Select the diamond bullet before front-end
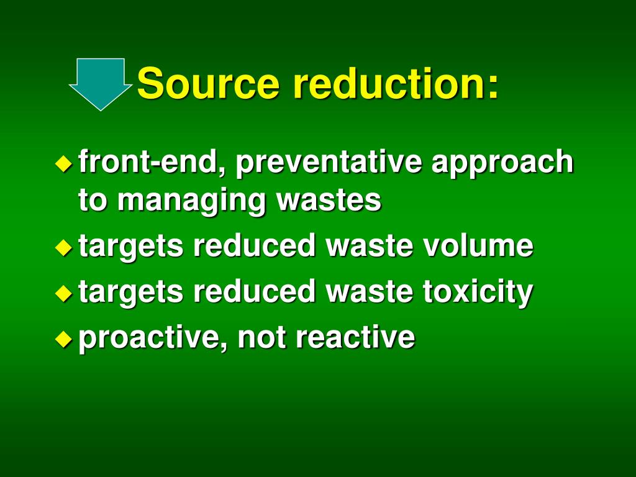(x=63, y=163)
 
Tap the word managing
(x=191, y=201)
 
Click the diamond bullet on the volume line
(x=63, y=247)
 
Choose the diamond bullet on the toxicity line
(x=63, y=293)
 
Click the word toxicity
(x=478, y=293)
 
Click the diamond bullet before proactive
(x=63, y=338)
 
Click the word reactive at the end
(x=355, y=338)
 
